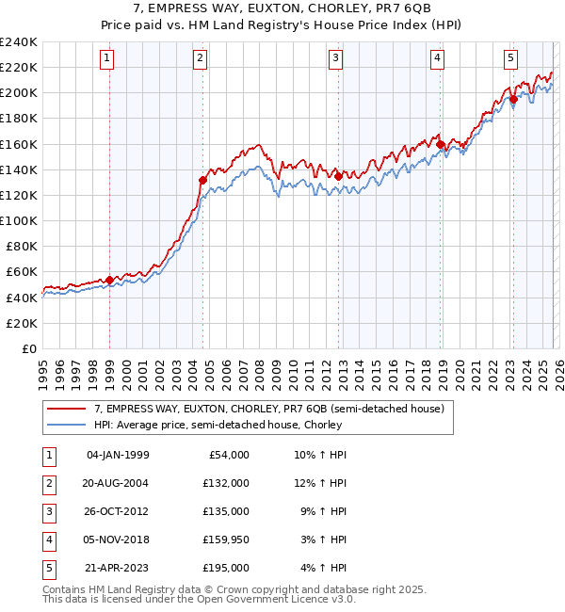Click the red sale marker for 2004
[202, 180]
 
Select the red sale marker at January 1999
[109, 280]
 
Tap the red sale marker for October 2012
[338, 176]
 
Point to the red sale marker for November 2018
[440, 144]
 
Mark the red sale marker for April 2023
[513, 99]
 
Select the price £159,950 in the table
[225, 540]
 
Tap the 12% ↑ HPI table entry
[321, 483]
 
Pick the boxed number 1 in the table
[47, 455]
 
